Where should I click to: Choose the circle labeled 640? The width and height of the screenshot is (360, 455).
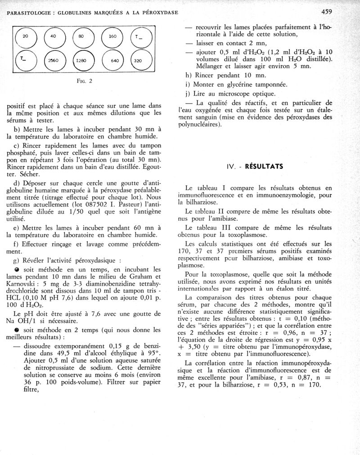tap(114, 60)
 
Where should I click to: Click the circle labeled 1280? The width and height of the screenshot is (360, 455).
tap(81, 60)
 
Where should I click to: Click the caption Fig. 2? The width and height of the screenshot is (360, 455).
tap(84, 81)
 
